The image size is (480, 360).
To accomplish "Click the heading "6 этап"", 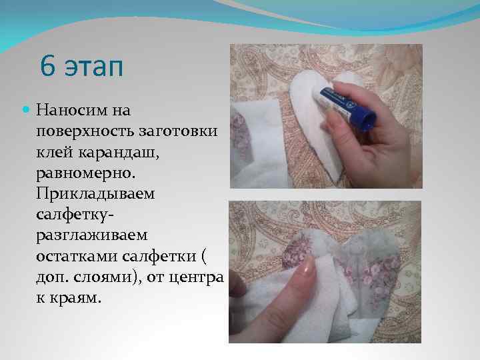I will (x=81, y=66).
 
